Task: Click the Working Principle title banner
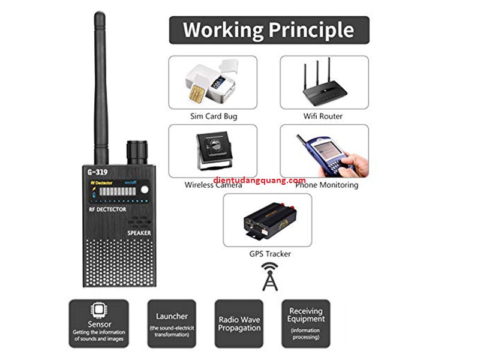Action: pyautogui.click(x=268, y=29)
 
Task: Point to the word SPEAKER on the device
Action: pyautogui.click(x=139, y=232)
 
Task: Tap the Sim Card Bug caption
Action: pyautogui.click(x=212, y=116)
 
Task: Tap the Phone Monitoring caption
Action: pyautogui.click(x=327, y=185)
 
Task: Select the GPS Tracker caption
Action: pyautogui.click(x=270, y=254)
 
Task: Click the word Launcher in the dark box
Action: pyautogui.click(x=172, y=316)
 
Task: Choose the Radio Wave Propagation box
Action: pyautogui.click(x=239, y=324)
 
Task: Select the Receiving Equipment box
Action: pyautogui.click(x=306, y=324)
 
